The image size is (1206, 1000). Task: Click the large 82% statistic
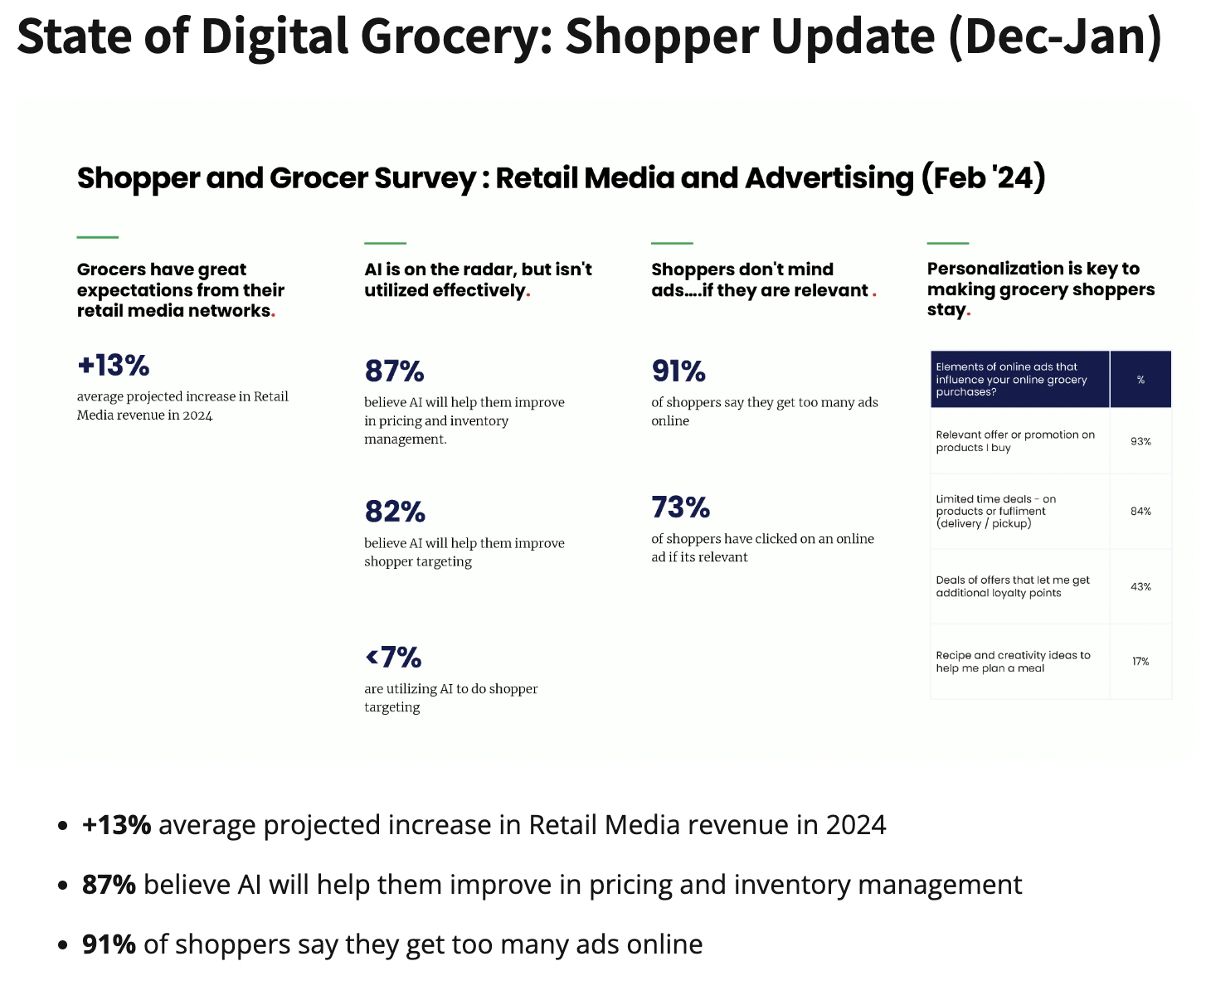point(395,512)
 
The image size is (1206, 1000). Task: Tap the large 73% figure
point(680,507)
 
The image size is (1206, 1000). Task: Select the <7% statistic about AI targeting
point(393,658)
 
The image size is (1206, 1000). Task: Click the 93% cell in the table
point(1140,441)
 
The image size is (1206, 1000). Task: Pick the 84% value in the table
point(1140,512)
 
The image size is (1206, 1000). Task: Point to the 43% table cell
point(1140,587)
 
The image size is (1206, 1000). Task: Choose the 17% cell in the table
point(1140,662)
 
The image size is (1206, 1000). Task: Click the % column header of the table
point(1140,380)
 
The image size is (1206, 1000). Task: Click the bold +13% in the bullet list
point(116,825)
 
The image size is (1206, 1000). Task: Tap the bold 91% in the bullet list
point(109,944)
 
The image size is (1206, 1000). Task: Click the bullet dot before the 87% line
point(63,886)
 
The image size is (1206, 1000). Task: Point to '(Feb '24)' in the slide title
point(983,178)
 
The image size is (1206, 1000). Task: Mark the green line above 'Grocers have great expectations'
point(98,238)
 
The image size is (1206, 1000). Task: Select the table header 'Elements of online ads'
point(1011,379)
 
